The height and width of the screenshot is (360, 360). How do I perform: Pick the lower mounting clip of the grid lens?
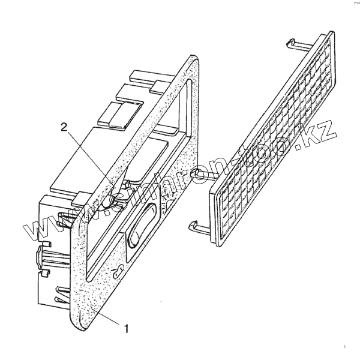click(x=198, y=227)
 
